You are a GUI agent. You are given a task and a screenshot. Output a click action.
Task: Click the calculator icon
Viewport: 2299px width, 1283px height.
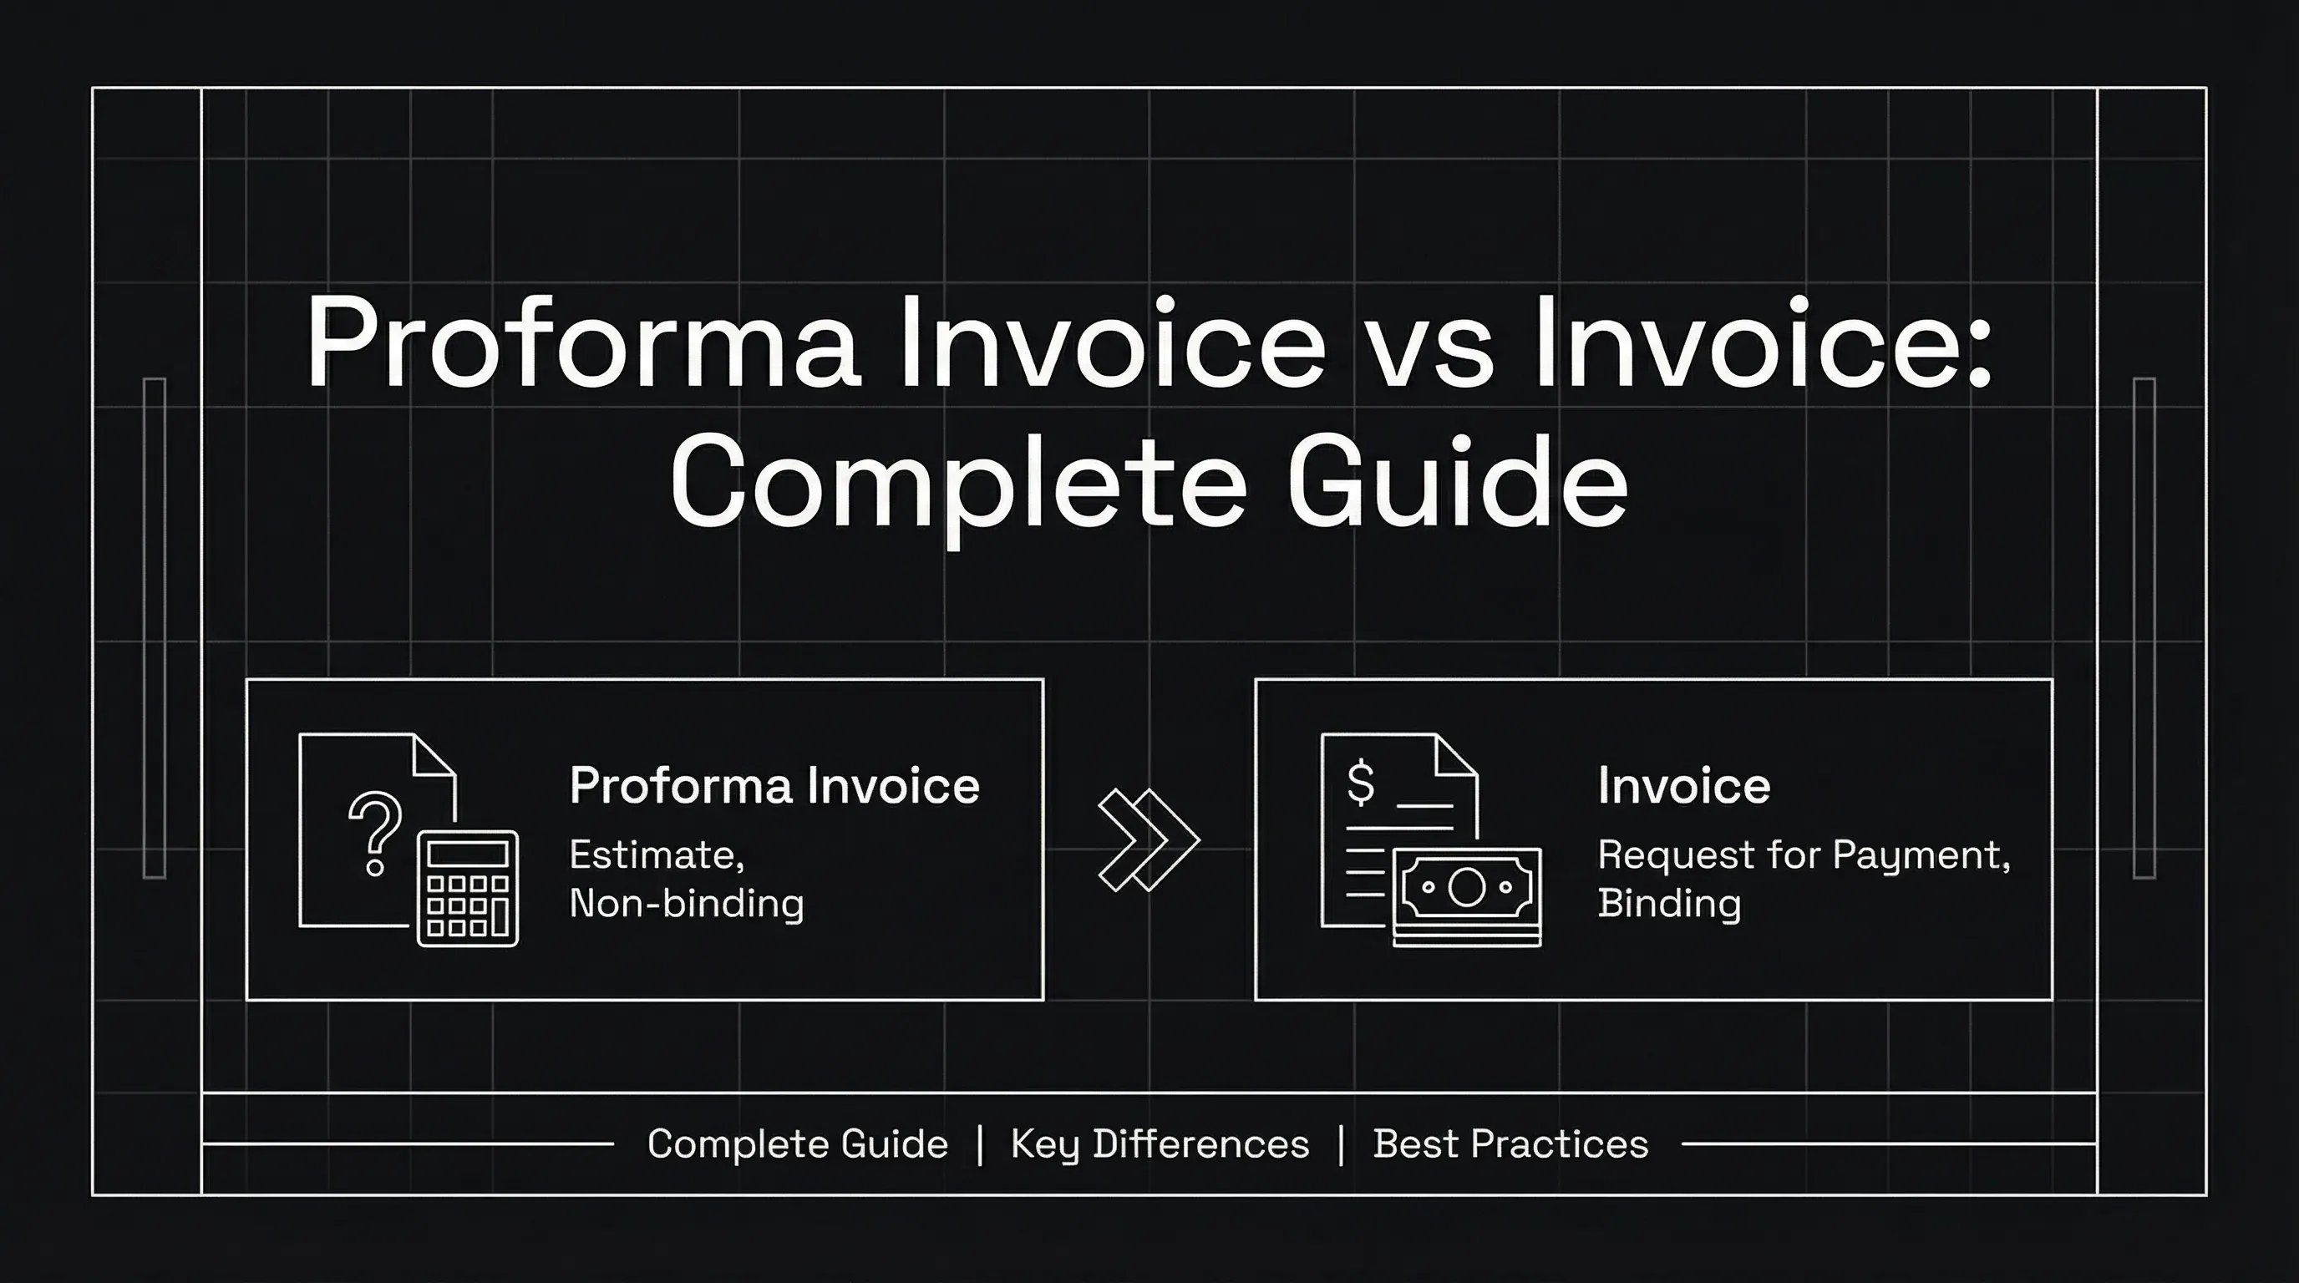[x=468, y=888]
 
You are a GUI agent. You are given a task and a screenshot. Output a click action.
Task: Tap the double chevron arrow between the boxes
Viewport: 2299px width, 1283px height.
[x=1149, y=839]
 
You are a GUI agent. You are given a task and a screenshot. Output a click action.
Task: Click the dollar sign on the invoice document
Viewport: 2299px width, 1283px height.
[x=1360, y=782]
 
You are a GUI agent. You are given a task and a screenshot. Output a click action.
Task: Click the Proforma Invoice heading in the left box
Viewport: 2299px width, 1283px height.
[x=774, y=786]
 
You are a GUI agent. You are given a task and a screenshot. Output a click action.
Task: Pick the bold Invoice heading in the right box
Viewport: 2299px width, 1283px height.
[x=1683, y=786]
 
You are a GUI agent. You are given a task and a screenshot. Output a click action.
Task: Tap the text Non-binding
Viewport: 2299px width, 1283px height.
[x=687, y=904]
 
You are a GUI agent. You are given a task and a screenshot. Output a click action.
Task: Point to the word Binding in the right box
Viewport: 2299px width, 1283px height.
[x=1669, y=904]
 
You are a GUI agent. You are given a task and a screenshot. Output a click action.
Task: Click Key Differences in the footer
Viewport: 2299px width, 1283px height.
[x=1160, y=1144]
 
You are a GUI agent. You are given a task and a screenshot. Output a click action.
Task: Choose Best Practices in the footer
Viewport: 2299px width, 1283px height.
[x=1510, y=1144]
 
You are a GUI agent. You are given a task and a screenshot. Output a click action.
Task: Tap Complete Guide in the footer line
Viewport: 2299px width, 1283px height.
[x=797, y=1144]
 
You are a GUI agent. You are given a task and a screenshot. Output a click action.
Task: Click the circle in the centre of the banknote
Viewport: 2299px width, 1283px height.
[x=1466, y=886]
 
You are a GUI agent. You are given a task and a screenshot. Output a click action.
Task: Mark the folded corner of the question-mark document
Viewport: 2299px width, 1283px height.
[x=434, y=756]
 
